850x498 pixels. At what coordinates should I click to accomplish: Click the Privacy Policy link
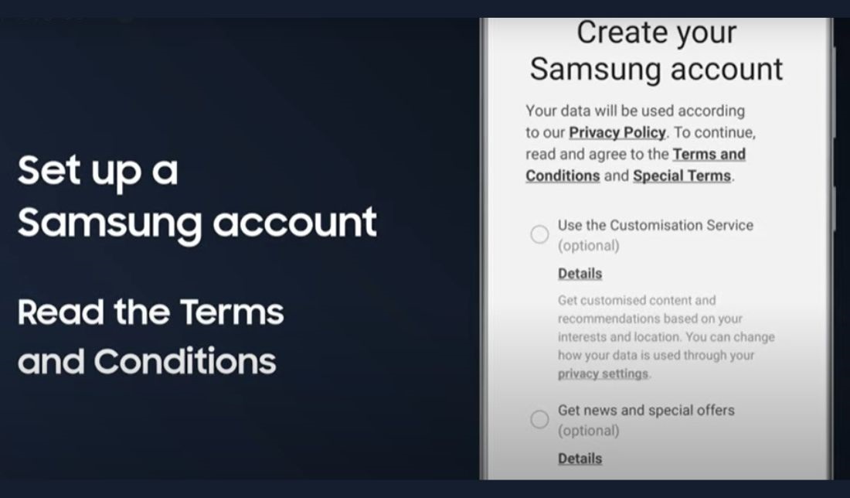tap(617, 133)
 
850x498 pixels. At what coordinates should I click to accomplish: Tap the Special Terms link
tap(682, 176)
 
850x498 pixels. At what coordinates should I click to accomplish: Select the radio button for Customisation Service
tap(539, 234)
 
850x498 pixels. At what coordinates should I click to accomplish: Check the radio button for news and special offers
tap(539, 419)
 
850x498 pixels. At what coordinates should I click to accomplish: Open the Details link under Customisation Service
tap(580, 274)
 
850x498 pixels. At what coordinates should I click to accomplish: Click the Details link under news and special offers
tap(580, 459)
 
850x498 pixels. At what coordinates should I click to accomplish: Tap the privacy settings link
tap(603, 373)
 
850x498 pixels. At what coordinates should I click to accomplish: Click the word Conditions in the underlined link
tap(563, 176)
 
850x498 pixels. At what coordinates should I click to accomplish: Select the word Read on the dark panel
tap(60, 312)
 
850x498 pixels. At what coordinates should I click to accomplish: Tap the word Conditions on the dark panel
tap(185, 361)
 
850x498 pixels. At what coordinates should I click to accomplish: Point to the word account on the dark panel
tap(294, 222)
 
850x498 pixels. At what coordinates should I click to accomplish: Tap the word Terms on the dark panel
tap(232, 312)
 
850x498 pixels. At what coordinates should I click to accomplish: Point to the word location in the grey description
tap(657, 337)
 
